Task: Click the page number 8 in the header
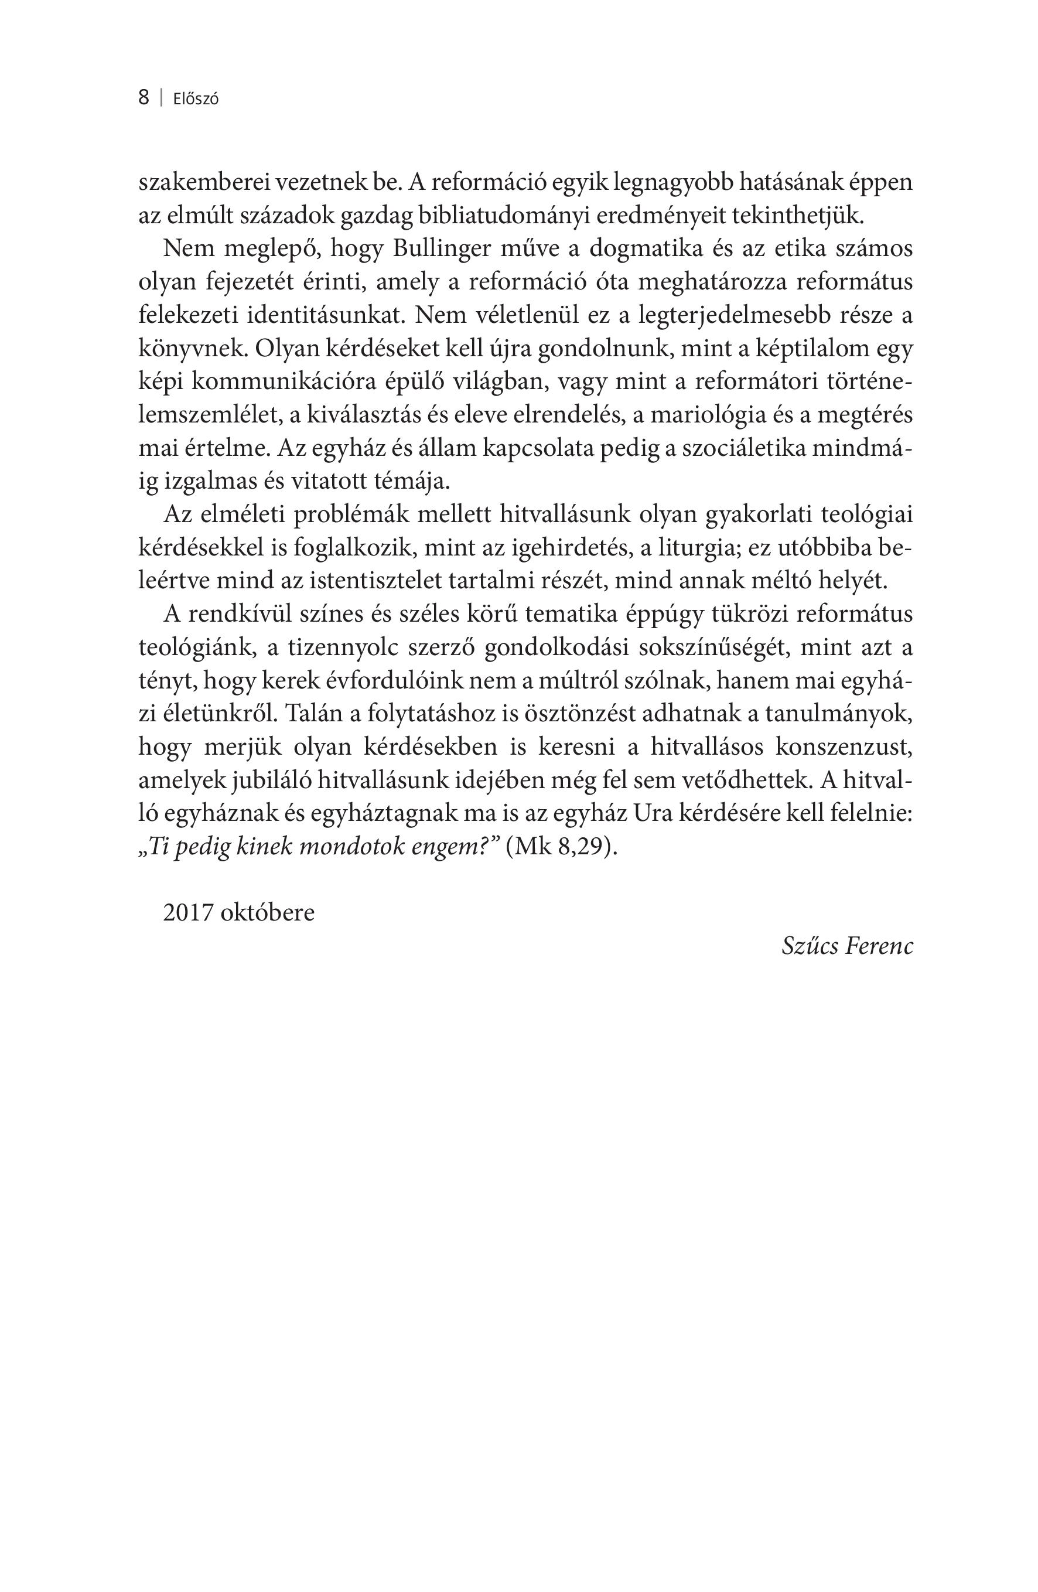143,98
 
